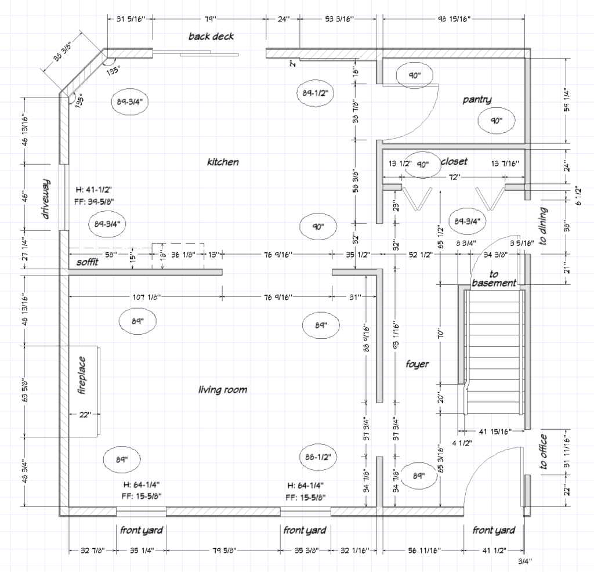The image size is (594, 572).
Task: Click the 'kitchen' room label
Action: (x=223, y=162)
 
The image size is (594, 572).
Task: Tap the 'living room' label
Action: (x=223, y=390)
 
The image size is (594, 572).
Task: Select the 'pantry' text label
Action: (x=477, y=100)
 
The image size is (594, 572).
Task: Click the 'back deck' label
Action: (x=211, y=37)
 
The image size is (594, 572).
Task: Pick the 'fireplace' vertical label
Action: (x=82, y=380)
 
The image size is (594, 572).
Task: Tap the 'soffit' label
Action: (x=88, y=262)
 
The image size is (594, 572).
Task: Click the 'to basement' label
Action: (x=494, y=278)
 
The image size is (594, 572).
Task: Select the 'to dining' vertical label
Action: (x=544, y=227)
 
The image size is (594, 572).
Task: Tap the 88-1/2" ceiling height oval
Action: (x=318, y=457)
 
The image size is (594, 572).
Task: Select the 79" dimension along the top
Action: (x=209, y=19)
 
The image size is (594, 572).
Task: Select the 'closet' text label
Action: (x=454, y=161)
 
